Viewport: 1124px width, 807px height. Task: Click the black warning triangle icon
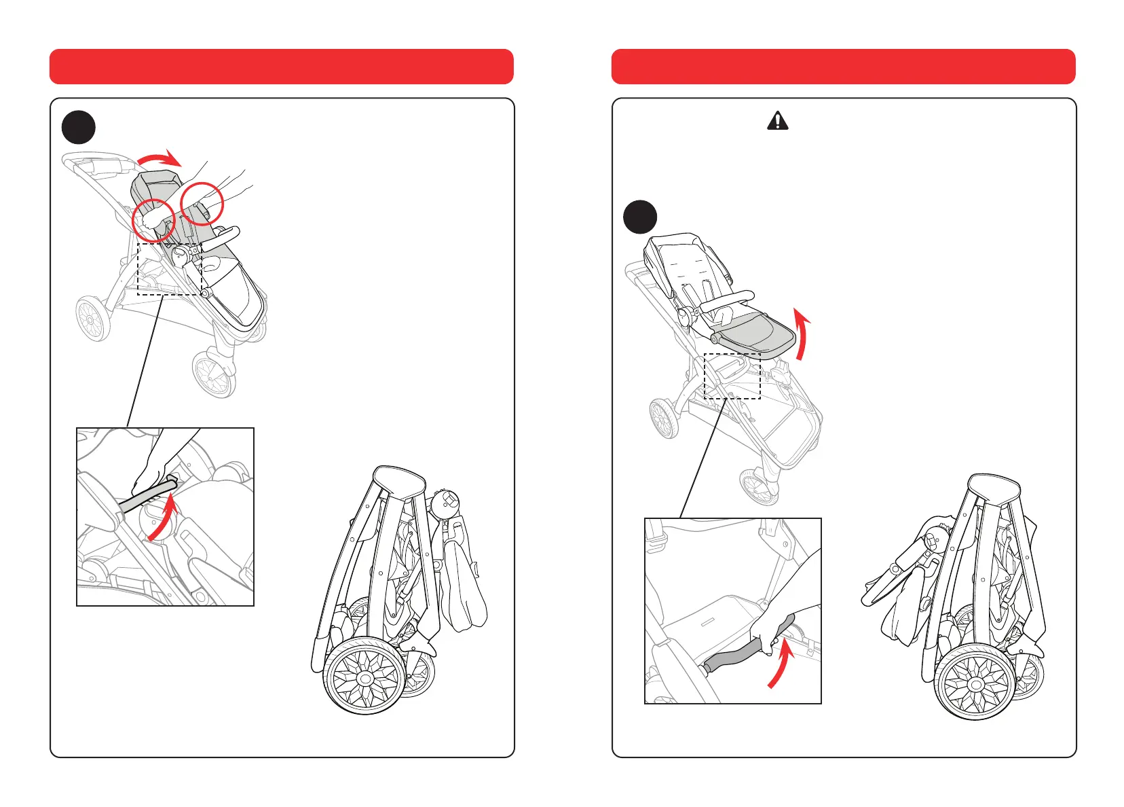777,121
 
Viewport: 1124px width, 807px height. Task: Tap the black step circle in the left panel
79,127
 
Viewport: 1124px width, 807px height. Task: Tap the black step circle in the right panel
640,217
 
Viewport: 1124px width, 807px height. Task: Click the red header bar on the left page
281,67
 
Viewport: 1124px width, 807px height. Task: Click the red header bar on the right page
843,67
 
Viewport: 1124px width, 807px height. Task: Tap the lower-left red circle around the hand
154,220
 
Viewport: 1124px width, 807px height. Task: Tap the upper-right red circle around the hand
202,203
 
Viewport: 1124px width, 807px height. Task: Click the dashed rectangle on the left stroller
170,269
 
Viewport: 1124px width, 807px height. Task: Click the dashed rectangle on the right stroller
732,376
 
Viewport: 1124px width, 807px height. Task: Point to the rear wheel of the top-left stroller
92,318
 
